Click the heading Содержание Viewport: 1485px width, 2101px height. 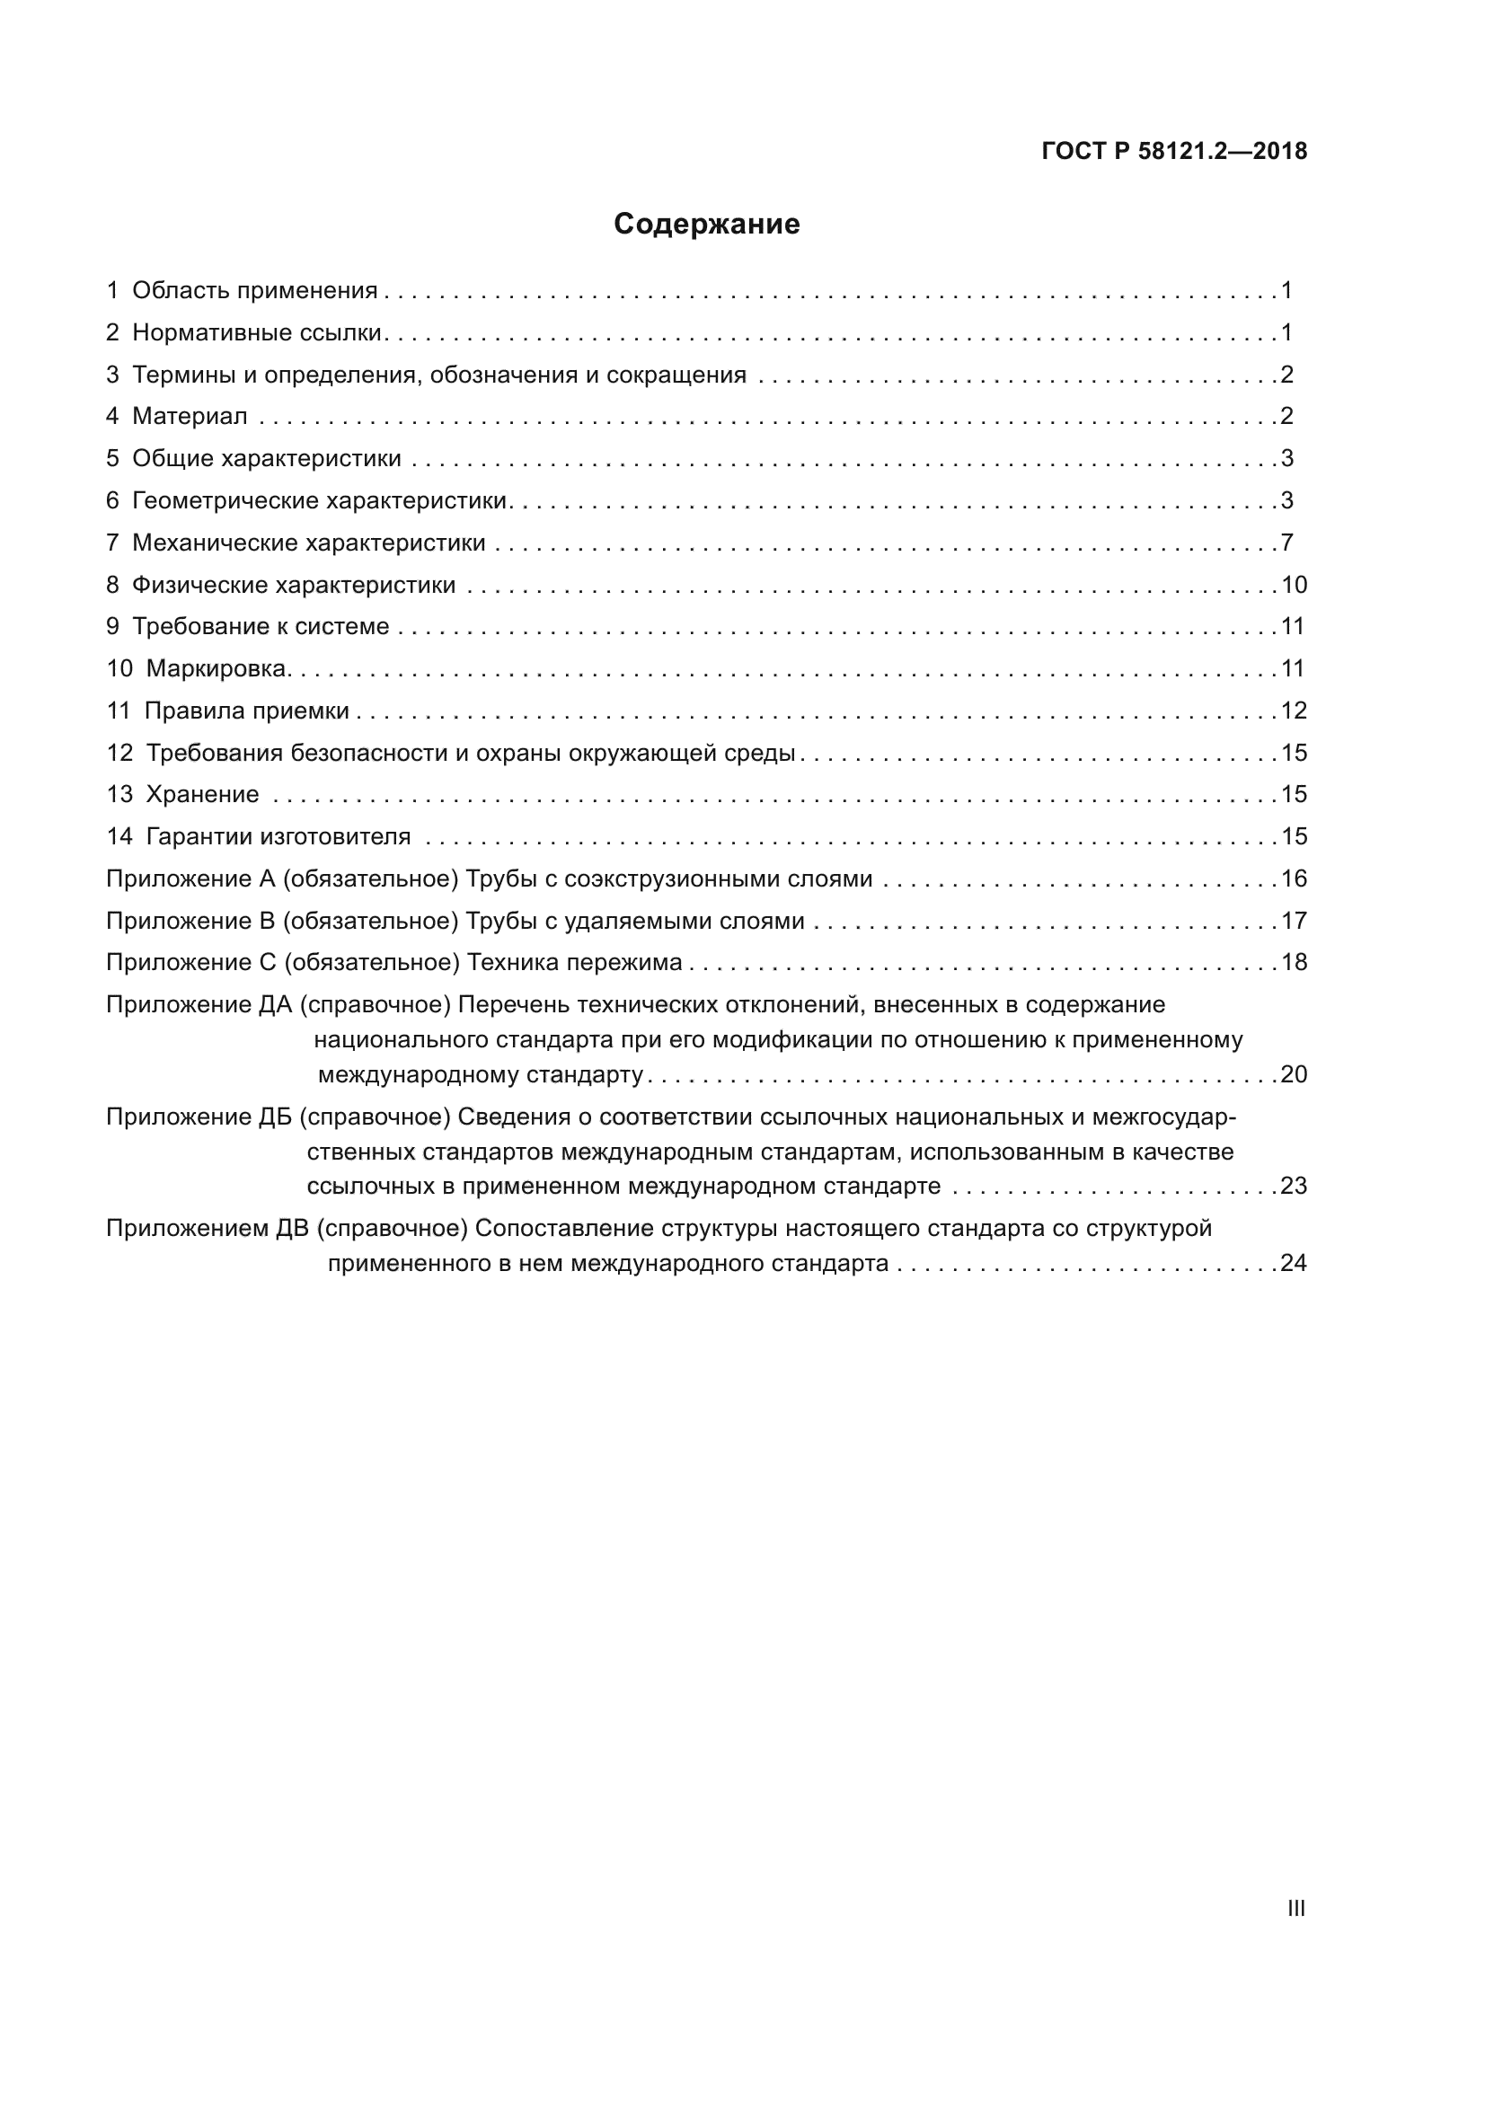click(706, 225)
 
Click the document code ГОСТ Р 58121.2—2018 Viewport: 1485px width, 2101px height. click(1174, 152)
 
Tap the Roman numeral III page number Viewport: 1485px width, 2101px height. click(1295, 1901)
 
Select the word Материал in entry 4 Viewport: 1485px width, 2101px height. click(190, 417)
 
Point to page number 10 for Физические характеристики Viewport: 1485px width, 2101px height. click(1294, 585)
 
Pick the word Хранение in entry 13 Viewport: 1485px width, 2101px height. click(202, 794)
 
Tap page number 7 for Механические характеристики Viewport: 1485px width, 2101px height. click(1286, 543)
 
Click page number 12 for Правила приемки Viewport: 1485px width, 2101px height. click(1294, 711)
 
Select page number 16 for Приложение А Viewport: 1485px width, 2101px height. click(1294, 879)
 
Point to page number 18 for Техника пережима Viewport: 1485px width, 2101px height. click(1294, 963)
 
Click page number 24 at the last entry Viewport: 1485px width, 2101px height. click(1294, 1264)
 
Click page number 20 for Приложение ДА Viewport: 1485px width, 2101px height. click(1294, 1074)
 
